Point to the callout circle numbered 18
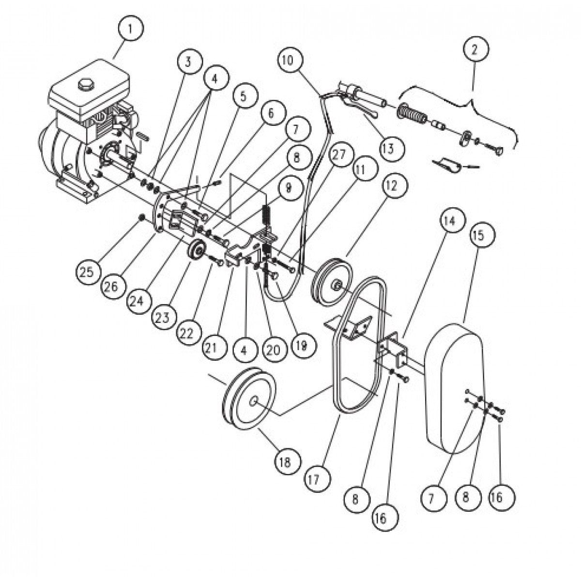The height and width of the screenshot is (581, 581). coord(284,461)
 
